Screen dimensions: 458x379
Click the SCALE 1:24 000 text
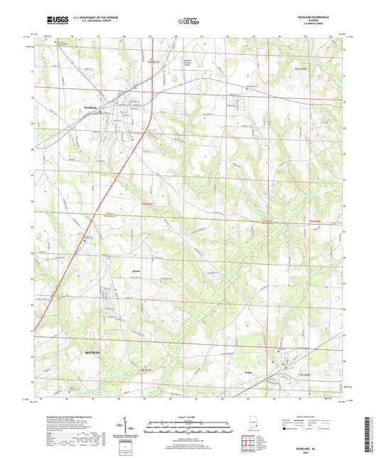(x=188, y=417)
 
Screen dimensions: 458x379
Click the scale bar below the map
(x=188, y=425)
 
